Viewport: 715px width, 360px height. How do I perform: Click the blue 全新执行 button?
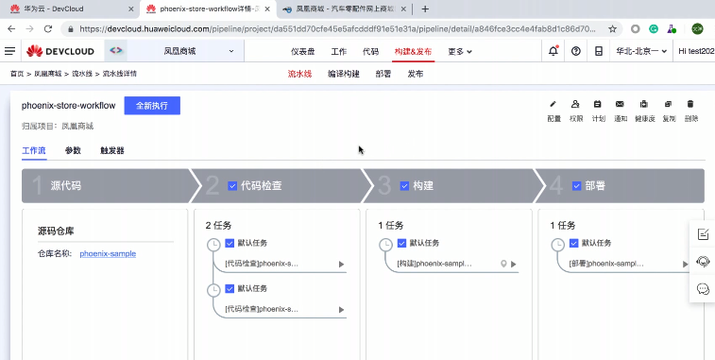coord(151,106)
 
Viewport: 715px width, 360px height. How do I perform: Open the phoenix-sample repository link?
coord(108,253)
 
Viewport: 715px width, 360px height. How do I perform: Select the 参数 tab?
coord(73,150)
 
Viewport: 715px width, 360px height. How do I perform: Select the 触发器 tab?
coord(111,150)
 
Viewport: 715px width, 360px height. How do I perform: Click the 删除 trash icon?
coord(691,104)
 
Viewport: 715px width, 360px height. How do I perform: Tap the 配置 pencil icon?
coord(553,104)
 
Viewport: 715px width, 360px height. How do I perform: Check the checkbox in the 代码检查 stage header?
coord(232,186)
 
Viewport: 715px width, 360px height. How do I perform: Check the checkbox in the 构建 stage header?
coord(404,186)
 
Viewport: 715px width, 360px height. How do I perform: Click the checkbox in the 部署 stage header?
coord(576,186)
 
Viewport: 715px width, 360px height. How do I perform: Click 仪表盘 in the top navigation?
coord(303,51)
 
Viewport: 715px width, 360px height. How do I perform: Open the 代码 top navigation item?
coord(370,51)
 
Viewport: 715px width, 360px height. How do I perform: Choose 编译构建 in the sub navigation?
coord(343,73)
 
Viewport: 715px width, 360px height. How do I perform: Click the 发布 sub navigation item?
coord(416,73)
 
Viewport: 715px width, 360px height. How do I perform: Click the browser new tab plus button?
coord(425,9)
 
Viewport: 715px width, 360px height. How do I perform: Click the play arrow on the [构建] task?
coord(514,265)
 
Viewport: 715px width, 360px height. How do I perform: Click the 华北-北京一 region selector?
coord(641,51)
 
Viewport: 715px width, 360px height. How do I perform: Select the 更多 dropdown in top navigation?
coord(460,51)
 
